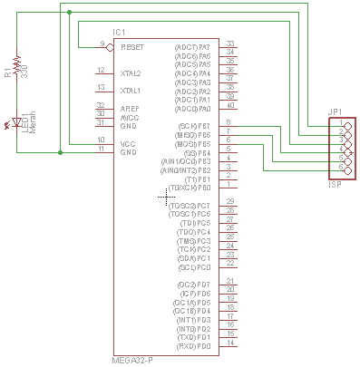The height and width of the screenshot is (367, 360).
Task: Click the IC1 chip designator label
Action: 119,33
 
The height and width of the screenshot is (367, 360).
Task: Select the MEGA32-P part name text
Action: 133,360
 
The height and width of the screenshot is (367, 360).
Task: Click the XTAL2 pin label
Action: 131,72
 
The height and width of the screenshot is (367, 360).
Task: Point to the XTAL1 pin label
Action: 131,91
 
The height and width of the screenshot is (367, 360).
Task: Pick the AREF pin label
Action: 131,109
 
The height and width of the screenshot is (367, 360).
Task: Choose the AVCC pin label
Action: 131,117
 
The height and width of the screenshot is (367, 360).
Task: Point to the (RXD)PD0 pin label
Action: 192,346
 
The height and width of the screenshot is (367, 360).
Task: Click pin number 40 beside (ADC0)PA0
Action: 230,105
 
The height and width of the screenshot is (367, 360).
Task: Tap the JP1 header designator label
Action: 335,112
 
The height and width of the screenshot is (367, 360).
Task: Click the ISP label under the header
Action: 335,184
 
